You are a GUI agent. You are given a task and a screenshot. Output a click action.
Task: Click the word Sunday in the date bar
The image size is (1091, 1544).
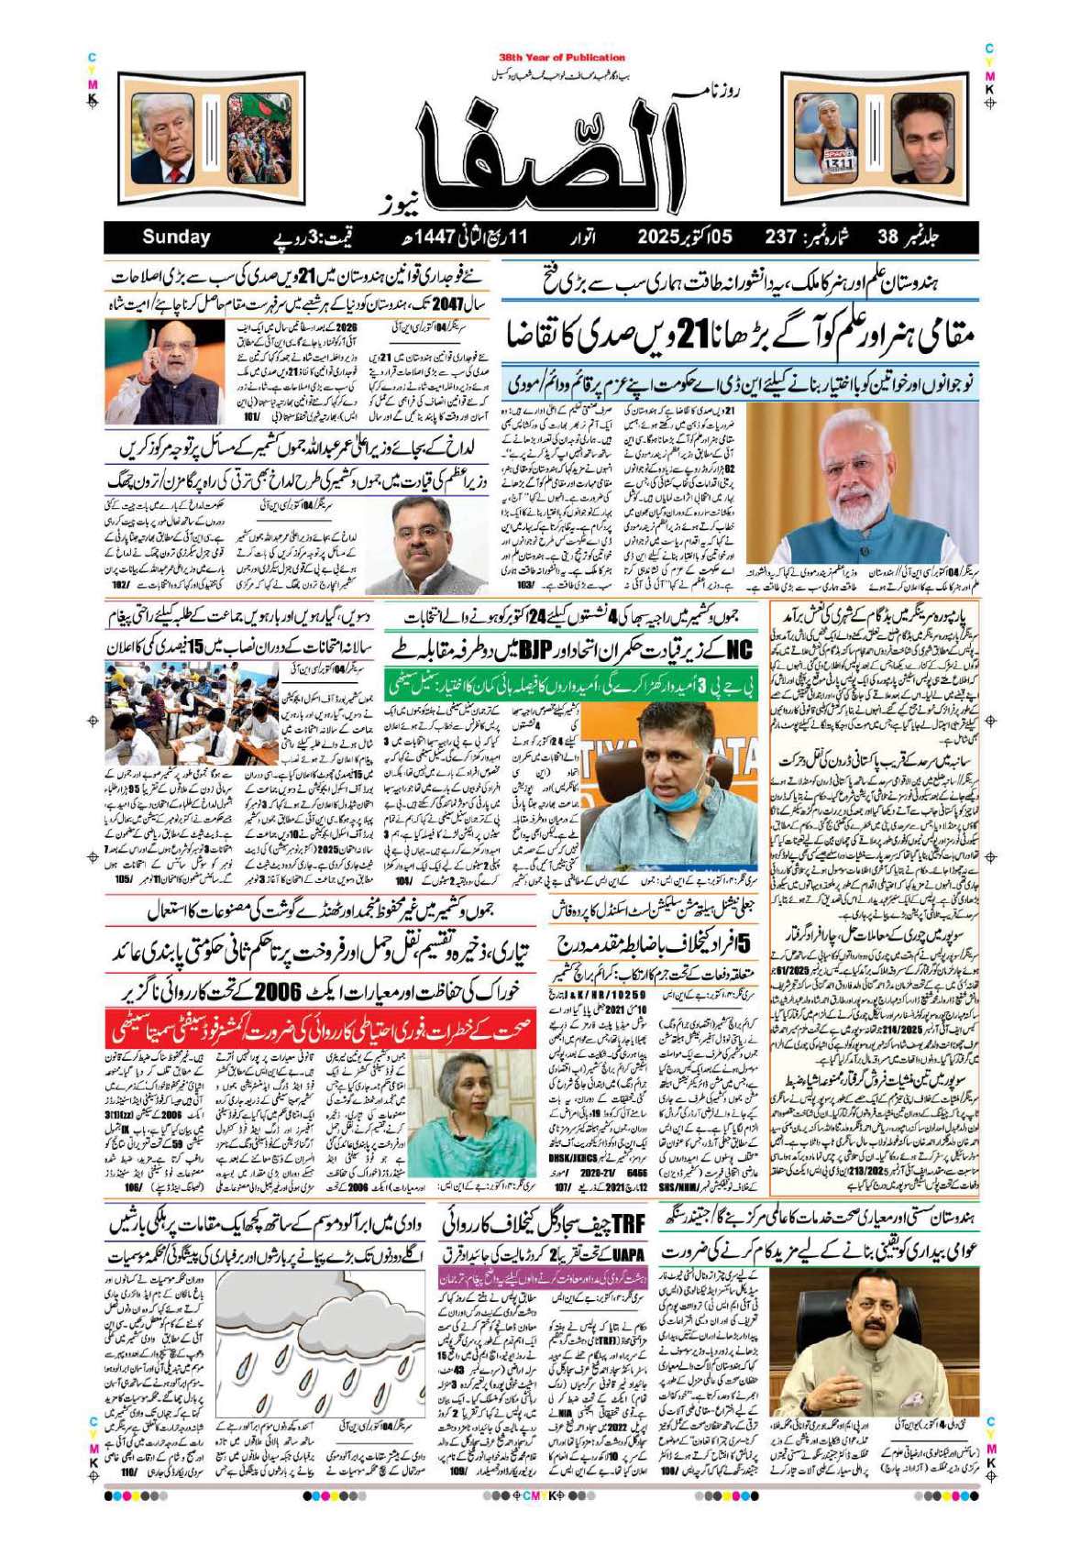pyautogui.click(x=176, y=237)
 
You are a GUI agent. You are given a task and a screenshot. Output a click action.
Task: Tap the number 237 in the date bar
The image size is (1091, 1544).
pyautogui.click(x=782, y=237)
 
